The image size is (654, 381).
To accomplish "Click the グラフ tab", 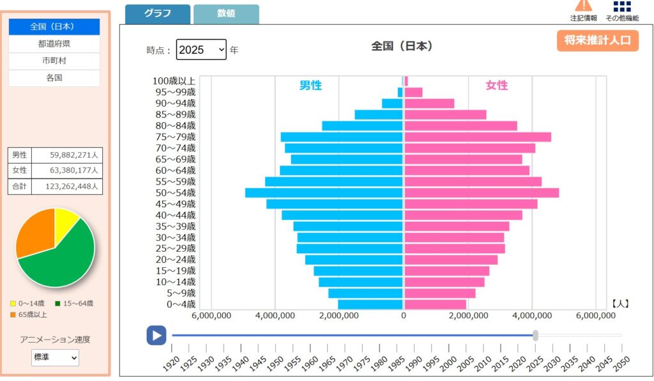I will tap(157, 14).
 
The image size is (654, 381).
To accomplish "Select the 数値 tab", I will tap(226, 14).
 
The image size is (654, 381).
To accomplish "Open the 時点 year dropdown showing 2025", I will tap(201, 49).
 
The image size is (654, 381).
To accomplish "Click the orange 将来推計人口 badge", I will tap(597, 40).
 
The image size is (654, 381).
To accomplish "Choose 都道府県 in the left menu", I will tap(54, 44).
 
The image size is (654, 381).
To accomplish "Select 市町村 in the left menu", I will tap(54, 61).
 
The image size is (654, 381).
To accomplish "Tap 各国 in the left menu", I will tap(54, 78).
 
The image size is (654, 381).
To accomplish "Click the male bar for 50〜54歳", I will tap(324, 192).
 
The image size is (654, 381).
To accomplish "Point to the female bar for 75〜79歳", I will tap(478, 137).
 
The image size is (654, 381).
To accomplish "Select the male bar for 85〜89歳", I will tap(379, 114).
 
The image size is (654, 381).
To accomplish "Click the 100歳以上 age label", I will tap(174, 81).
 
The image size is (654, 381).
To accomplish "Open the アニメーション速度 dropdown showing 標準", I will tap(55, 358).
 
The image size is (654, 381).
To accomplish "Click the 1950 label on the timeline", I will tap(271, 363).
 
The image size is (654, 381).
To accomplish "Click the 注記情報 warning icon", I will tap(584, 6).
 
